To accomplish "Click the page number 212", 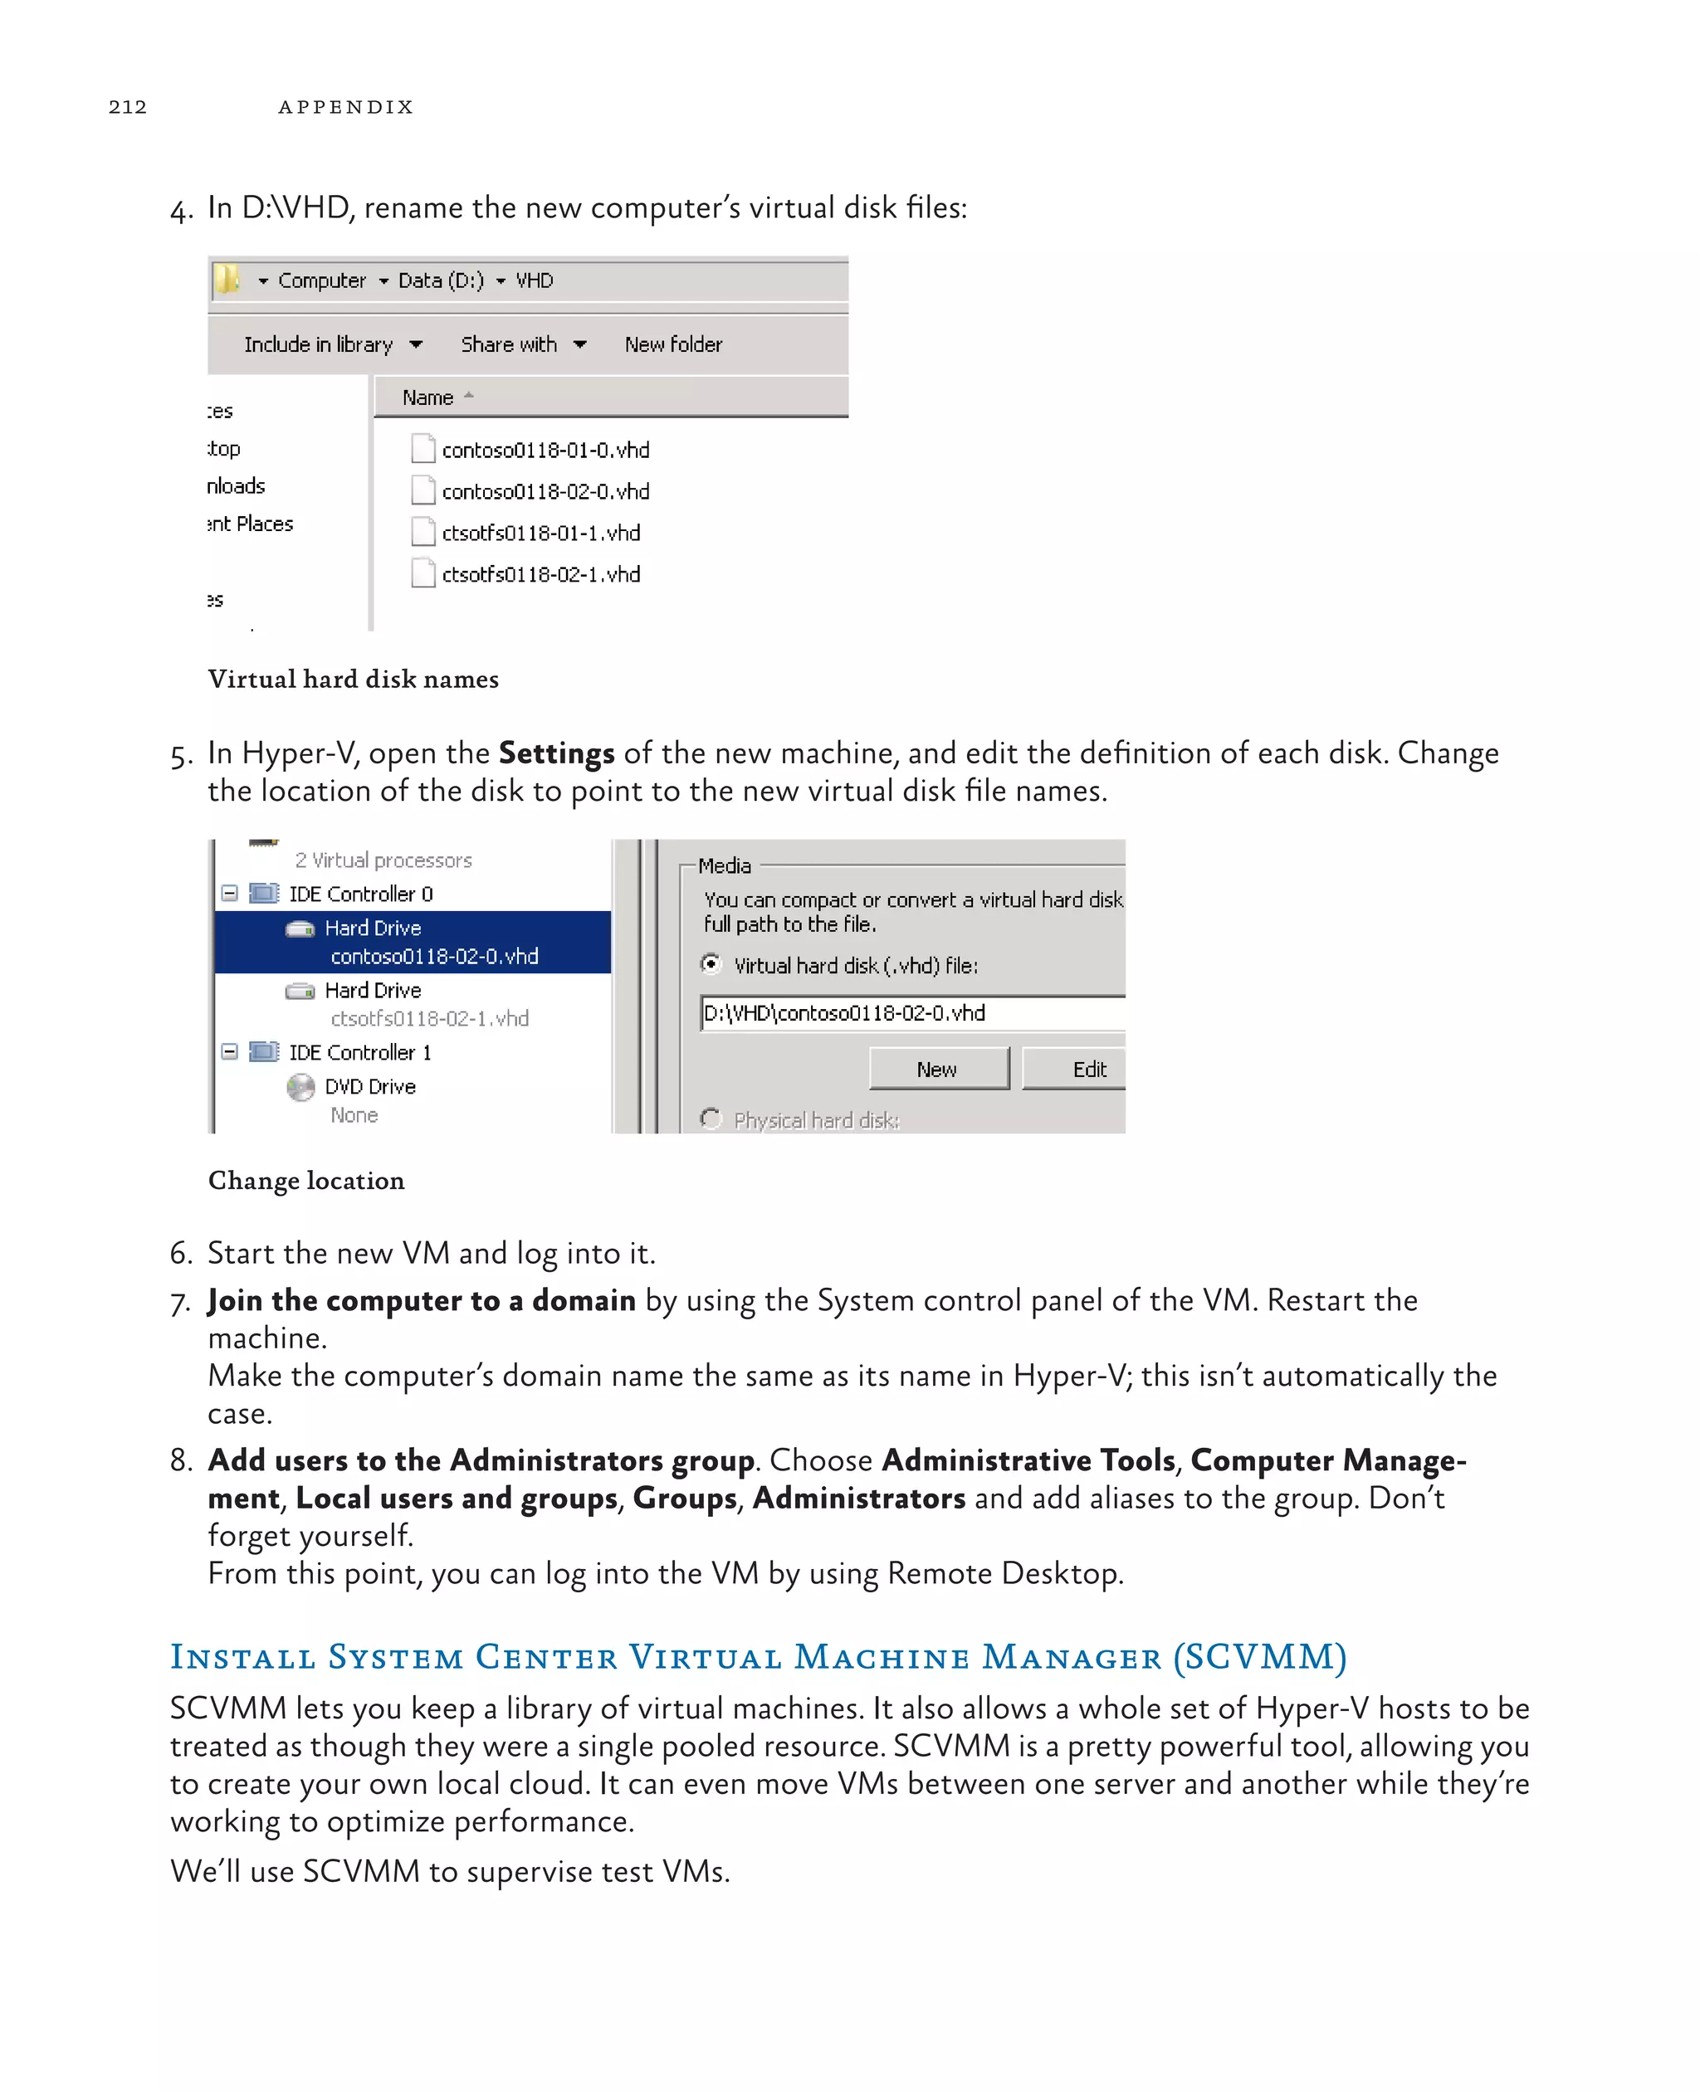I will point(127,107).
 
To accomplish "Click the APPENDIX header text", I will point(345,107).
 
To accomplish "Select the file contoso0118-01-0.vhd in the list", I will point(545,451).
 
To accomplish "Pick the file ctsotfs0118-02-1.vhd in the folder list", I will point(540,575).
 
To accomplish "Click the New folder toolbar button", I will point(672,344).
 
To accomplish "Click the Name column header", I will point(428,397).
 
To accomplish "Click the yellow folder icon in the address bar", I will point(227,280).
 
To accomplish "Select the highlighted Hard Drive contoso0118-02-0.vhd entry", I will point(411,942).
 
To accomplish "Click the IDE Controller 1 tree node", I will point(359,1052).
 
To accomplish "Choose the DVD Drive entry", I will point(369,1087).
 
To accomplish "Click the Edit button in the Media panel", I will point(1087,1069).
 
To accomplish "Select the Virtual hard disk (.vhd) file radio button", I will point(711,964).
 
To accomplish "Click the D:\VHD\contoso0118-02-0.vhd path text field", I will point(911,1013).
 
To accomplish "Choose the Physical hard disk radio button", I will point(711,1119).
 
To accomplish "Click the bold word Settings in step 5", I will point(556,753).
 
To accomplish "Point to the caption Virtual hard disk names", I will point(353,680).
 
